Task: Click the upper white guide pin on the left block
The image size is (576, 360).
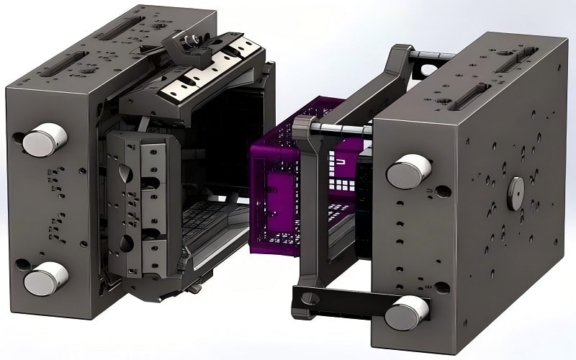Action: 45,139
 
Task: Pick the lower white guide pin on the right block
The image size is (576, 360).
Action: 407,312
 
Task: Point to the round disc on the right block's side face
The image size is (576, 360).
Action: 515,193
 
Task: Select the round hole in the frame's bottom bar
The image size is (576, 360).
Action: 305,297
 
